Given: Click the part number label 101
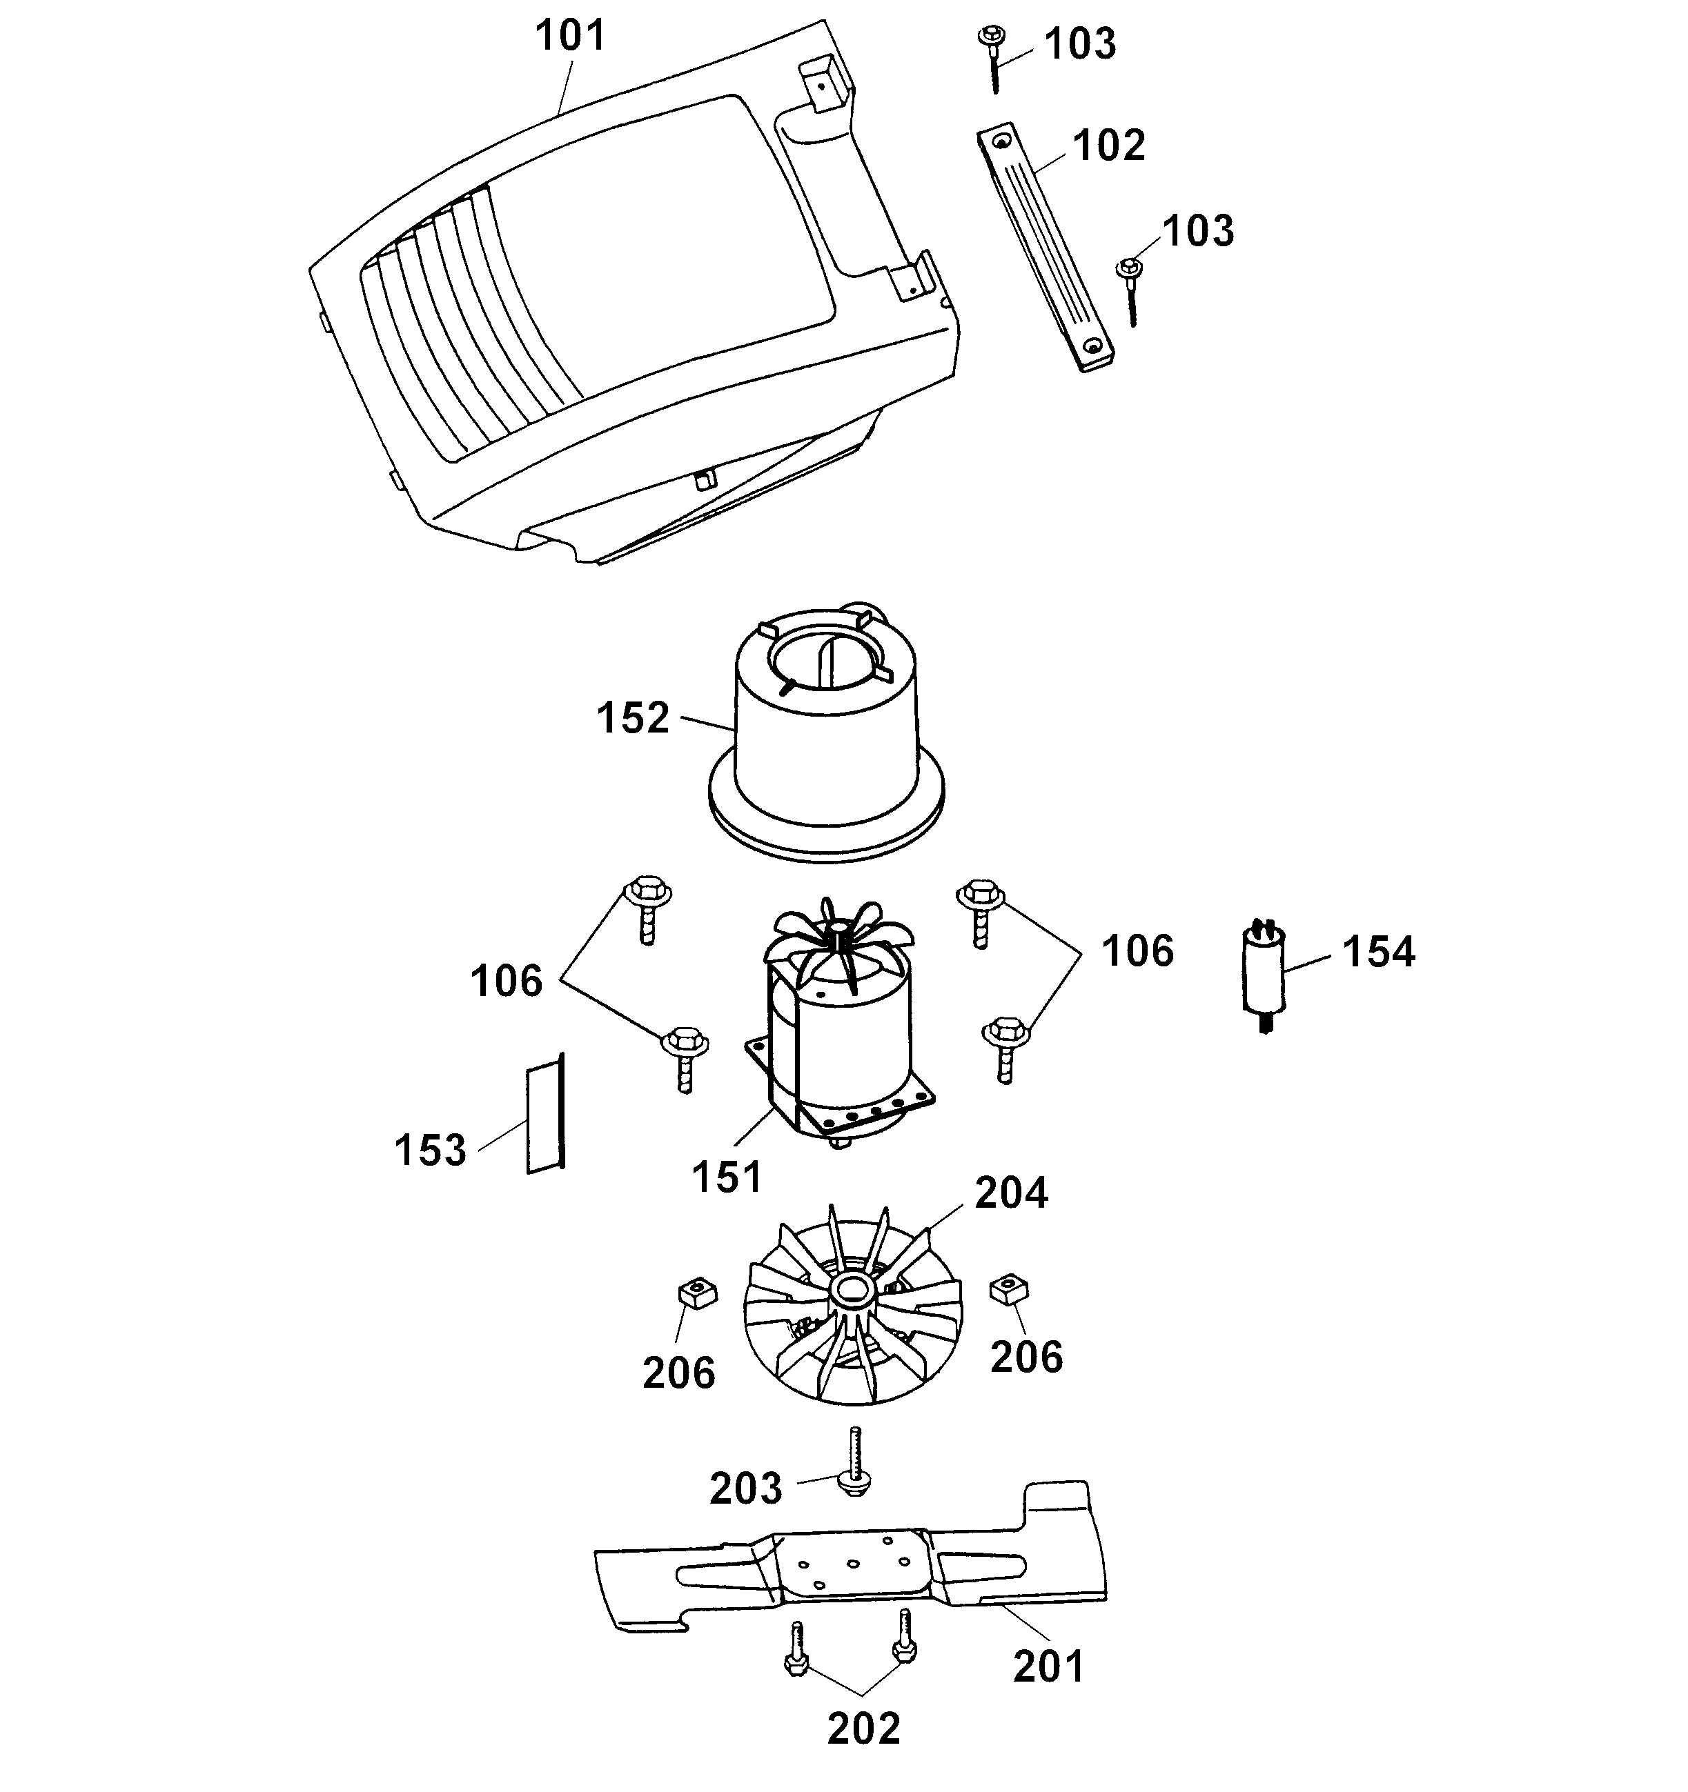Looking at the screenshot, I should pyautogui.click(x=571, y=36).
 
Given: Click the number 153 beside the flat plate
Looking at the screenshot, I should pyautogui.click(x=430, y=1151).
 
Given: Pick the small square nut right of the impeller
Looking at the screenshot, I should pyautogui.click(x=1009, y=1290).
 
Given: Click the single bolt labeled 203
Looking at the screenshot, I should pyautogui.click(x=854, y=1462).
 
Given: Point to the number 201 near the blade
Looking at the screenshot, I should pyautogui.click(x=1048, y=1666).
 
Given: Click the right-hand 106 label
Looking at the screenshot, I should pyautogui.click(x=1137, y=952).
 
